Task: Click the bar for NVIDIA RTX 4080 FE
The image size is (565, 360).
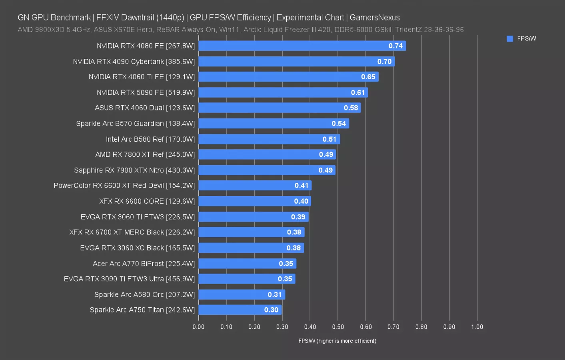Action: tap(302, 46)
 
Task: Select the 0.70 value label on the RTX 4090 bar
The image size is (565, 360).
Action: tap(384, 62)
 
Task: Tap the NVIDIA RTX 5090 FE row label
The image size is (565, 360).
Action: tap(146, 92)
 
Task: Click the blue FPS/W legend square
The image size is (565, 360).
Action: tap(510, 39)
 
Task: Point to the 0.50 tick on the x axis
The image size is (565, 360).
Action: tap(338, 327)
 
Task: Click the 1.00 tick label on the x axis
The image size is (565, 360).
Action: tap(477, 327)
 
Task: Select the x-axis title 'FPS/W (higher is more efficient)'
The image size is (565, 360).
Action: tap(337, 341)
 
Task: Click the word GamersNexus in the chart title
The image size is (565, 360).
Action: tap(375, 18)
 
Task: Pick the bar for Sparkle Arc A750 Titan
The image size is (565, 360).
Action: tap(240, 310)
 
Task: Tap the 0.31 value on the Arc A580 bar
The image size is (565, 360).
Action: tap(274, 295)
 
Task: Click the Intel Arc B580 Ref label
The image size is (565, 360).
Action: tap(150, 139)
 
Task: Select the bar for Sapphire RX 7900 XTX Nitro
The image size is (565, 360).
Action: tap(267, 170)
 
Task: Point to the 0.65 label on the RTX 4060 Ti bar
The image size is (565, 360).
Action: tap(368, 77)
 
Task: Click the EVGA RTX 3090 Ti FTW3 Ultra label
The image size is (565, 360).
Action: tap(129, 279)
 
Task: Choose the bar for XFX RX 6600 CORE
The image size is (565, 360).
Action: tap(254, 201)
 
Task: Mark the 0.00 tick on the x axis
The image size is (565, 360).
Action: tap(198, 327)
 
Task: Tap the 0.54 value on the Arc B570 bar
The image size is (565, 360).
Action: tap(338, 124)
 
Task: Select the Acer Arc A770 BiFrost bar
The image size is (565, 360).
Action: tap(247, 264)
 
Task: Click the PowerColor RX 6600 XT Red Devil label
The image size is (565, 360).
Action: tap(124, 186)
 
